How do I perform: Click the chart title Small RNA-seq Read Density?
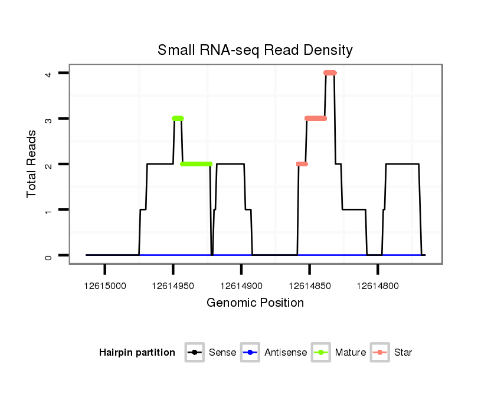pyautogui.click(x=255, y=50)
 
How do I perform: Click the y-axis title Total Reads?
pyautogui.click(x=32, y=163)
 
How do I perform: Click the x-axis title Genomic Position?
pyautogui.click(x=255, y=303)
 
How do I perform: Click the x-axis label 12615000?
pyautogui.click(x=105, y=286)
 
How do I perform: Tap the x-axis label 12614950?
pyautogui.click(x=173, y=286)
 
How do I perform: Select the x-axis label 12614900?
pyautogui.click(x=241, y=286)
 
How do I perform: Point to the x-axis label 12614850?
pyautogui.click(x=309, y=286)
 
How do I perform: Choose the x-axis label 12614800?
pyautogui.click(x=378, y=286)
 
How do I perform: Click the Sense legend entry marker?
pyautogui.click(x=195, y=353)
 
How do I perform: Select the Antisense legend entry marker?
pyautogui.click(x=251, y=353)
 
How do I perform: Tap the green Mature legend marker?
pyautogui.click(x=322, y=353)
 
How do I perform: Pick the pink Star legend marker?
pyautogui.click(x=381, y=353)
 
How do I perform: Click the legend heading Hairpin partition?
pyautogui.click(x=137, y=353)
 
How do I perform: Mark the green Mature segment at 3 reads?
pyautogui.click(x=178, y=119)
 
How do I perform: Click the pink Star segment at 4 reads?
pyautogui.click(x=330, y=73)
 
